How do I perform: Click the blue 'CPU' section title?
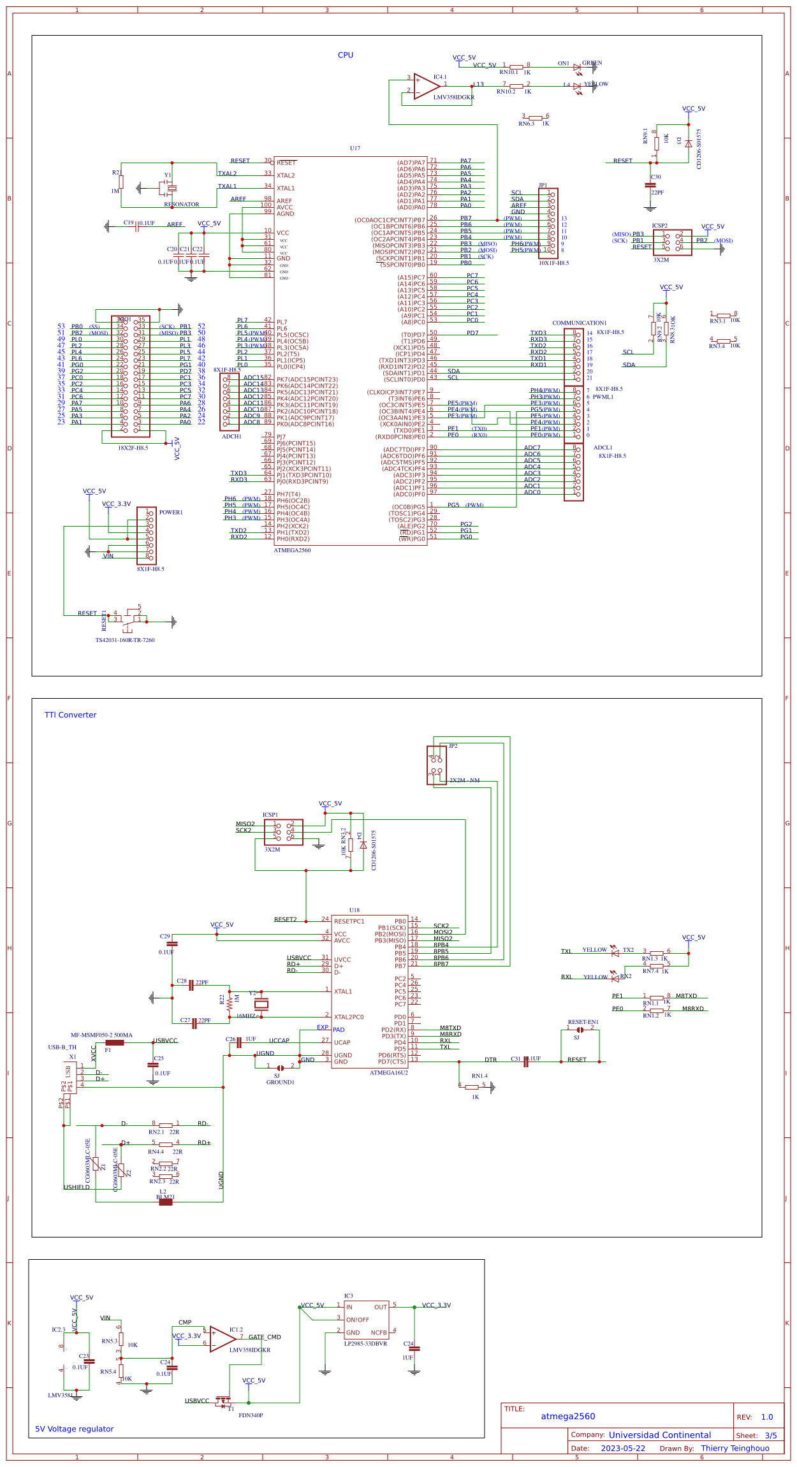point(345,55)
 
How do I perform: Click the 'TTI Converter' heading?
point(70,715)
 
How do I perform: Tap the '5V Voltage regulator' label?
point(74,1429)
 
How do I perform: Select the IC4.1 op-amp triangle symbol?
point(425,86)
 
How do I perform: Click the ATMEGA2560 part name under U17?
point(292,550)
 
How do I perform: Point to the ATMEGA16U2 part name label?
point(388,1072)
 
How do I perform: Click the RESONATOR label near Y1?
point(182,205)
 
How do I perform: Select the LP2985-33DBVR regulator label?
point(365,1343)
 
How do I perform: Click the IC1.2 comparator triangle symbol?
point(222,1339)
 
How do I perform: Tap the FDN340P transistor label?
point(251,1415)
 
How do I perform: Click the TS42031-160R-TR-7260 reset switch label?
point(125,640)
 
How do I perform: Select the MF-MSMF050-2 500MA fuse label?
point(101,1035)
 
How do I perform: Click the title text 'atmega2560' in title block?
point(567,1417)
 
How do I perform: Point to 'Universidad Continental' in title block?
point(659,1435)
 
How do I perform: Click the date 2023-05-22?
point(622,1449)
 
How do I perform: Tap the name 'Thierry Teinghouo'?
point(735,1449)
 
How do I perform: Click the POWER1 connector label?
point(171,513)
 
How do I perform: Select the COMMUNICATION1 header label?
point(579,323)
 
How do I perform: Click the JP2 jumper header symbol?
point(437,765)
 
